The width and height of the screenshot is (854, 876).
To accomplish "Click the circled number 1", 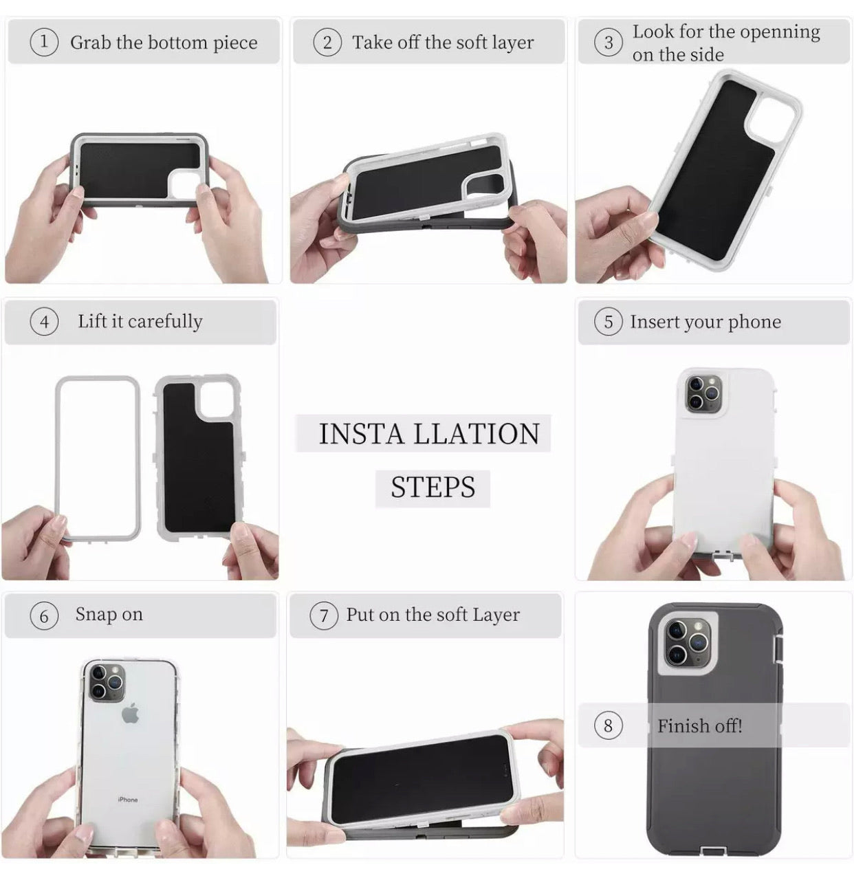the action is click(44, 42).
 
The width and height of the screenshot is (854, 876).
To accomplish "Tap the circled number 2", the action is click(327, 43).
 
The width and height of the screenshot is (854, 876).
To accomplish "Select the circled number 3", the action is click(609, 43).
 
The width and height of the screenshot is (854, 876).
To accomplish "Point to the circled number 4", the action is click(44, 322).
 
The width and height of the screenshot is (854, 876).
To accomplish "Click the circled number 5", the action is click(609, 322).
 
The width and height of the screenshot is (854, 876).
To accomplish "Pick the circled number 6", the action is click(44, 615).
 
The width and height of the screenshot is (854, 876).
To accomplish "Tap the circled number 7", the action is click(324, 615).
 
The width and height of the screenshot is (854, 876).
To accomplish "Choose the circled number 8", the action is click(609, 725).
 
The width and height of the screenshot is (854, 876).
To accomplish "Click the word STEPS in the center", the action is click(433, 487).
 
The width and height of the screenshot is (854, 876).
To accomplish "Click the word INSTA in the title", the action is click(361, 433).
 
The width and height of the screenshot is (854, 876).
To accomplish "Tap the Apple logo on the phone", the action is click(130, 714).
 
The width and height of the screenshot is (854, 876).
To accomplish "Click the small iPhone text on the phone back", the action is click(128, 800).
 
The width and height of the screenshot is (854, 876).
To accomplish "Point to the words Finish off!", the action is click(699, 725).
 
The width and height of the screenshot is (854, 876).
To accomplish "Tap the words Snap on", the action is click(109, 615).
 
